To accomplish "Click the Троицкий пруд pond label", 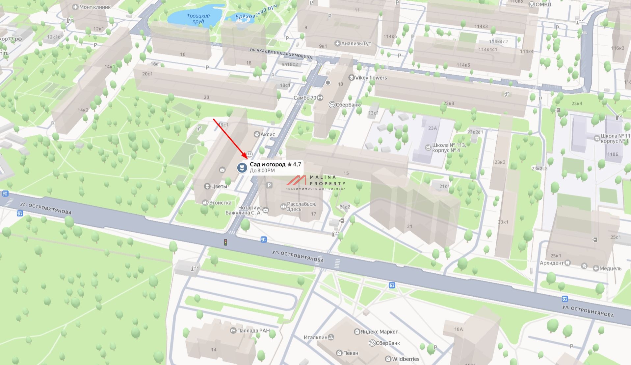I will pyautogui.click(x=198, y=18).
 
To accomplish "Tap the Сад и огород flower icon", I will pyautogui.click(x=242, y=168).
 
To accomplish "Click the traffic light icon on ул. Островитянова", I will pyautogui.click(x=225, y=242).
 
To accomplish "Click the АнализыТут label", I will pyautogui.click(x=356, y=43).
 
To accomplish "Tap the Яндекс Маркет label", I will pyautogui.click(x=379, y=332).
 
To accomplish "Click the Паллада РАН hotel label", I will pyautogui.click(x=253, y=331).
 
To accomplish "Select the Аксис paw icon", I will pyautogui.click(x=256, y=134).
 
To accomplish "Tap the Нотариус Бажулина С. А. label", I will pyautogui.click(x=243, y=210).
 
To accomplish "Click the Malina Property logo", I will pyautogui.click(x=316, y=182).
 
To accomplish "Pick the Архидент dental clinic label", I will pyautogui.click(x=552, y=263).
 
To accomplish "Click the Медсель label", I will pyautogui.click(x=610, y=268).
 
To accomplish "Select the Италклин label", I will pyautogui.click(x=315, y=337).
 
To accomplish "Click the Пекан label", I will pyautogui.click(x=350, y=353).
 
